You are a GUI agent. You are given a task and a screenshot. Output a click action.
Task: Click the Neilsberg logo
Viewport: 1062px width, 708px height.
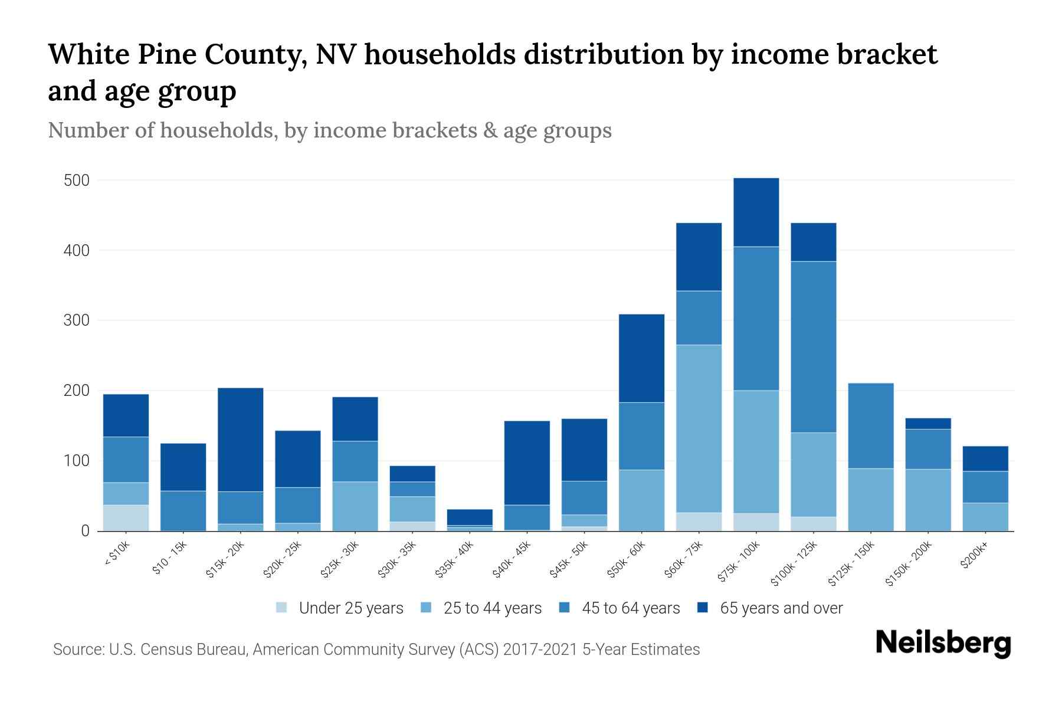point(943,643)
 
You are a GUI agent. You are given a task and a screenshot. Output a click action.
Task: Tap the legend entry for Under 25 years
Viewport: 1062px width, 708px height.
point(350,608)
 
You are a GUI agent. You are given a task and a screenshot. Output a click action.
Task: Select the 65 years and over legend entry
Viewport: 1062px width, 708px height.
point(781,608)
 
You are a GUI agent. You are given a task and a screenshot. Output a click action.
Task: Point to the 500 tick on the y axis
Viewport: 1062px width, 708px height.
point(77,181)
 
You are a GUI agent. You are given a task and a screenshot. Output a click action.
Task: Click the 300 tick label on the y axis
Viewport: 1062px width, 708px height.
point(77,321)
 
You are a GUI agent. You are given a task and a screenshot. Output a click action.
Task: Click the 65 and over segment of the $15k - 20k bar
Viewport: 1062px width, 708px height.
point(241,440)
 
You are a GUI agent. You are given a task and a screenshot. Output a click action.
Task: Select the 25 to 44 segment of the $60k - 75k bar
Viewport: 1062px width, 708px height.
point(699,428)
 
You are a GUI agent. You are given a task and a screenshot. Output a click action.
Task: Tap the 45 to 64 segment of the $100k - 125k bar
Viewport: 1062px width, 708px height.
point(814,347)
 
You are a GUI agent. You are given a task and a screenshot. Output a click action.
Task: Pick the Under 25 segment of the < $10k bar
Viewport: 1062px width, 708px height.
point(126,517)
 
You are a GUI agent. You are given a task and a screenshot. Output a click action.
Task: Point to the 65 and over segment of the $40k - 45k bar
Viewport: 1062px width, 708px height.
point(527,463)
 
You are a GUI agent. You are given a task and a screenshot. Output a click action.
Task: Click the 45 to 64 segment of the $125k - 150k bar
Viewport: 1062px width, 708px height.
point(871,425)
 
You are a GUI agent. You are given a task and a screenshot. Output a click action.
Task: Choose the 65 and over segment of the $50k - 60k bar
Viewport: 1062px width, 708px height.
point(641,358)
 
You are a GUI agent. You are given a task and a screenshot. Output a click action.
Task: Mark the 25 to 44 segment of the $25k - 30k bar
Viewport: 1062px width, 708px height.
point(355,506)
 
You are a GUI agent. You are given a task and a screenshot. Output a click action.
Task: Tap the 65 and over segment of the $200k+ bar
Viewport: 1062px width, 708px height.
point(985,458)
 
